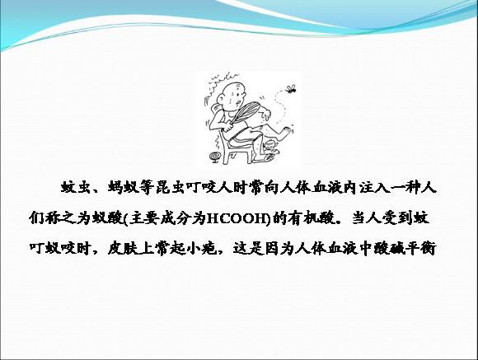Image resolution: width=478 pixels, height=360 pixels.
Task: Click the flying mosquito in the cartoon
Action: point(291,88)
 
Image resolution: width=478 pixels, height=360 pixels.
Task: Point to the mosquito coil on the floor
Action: point(215,157)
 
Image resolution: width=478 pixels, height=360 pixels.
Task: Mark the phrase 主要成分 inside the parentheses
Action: point(160,218)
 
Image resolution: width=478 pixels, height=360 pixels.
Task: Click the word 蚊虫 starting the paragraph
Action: point(74,188)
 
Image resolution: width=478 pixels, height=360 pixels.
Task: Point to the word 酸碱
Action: point(391,248)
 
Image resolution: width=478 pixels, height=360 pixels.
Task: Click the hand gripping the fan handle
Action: point(228,125)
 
